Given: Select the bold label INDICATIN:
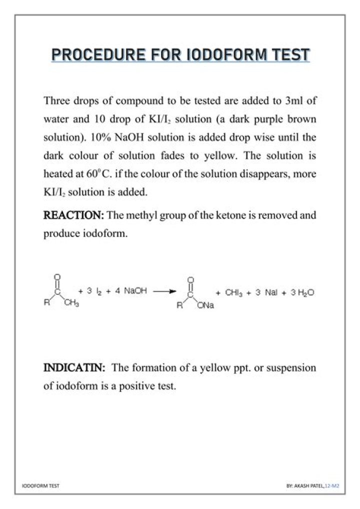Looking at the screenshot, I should click(x=74, y=368).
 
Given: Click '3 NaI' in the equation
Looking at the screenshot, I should click(x=266, y=292).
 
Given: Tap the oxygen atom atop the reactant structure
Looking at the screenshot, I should click(x=57, y=276).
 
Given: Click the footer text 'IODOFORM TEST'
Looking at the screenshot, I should click(x=41, y=485).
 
